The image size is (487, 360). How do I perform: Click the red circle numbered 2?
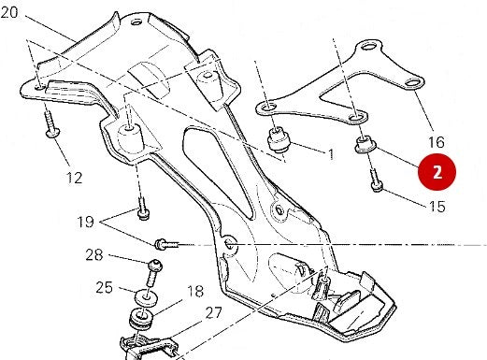(437, 172)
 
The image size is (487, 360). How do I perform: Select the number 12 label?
(74, 177)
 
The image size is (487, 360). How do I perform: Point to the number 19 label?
(87, 223)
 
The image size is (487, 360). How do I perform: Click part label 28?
(94, 254)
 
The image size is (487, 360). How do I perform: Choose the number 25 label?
(104, 287)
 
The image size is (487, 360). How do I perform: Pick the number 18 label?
(194, 292)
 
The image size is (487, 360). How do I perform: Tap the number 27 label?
(214, 313)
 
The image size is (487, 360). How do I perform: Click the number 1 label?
(330, 152)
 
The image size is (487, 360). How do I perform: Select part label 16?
(436, 142)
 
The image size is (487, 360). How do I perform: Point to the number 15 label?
(436, 206)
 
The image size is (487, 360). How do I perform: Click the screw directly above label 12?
(50, 123)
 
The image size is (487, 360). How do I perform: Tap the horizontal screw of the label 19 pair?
(165, 244)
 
